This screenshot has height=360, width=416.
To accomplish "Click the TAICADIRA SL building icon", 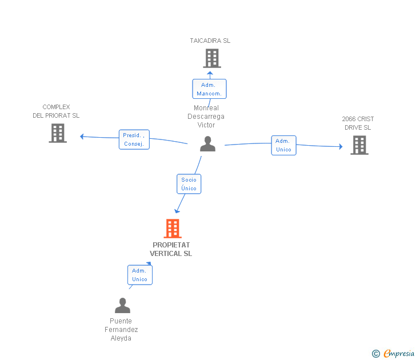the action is point(212,58).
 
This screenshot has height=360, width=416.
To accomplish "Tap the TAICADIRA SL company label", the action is point(210,41).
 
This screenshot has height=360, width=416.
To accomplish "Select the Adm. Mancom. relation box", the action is point(209,89).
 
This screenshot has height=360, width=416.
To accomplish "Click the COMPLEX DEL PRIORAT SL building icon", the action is point(58,133).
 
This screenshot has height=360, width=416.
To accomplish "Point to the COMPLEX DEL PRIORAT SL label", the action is point(56,111).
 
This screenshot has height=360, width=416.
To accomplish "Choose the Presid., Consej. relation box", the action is point(134,139).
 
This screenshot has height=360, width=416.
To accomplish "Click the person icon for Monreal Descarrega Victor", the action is point(208,144).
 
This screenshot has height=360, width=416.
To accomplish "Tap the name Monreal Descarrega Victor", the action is point(206,117).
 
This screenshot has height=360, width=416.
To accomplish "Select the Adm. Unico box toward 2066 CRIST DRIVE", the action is point(283,145).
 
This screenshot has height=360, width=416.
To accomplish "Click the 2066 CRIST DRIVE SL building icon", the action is point(359,145).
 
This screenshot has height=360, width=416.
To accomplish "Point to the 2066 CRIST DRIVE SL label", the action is point(358,123).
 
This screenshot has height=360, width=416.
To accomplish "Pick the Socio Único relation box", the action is point(189,184).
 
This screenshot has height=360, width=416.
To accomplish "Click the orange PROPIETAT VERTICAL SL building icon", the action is point(173,229).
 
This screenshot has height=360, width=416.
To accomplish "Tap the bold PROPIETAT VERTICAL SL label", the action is point(171,249).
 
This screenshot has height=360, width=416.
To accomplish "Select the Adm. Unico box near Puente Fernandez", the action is point(140,275).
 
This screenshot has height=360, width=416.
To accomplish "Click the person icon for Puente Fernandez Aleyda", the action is point(122,305).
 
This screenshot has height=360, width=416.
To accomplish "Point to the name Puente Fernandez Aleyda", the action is point(121,330).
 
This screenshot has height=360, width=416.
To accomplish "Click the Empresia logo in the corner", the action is point(393,354).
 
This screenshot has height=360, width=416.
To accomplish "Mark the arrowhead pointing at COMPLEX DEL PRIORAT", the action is point(82,137).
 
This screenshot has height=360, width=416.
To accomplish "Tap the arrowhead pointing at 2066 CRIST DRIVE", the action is point(341,146).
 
